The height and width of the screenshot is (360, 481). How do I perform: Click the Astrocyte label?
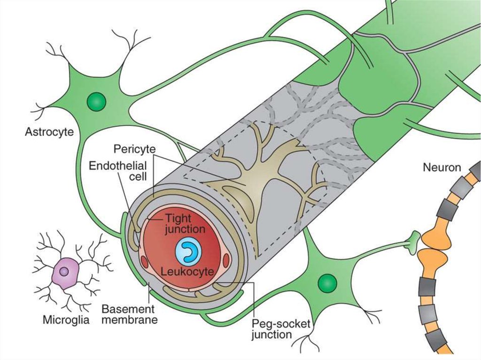49,132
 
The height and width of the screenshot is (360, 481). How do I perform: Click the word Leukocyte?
187,271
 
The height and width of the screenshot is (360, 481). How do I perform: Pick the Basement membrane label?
129,314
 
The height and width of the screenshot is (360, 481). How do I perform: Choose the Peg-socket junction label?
278,329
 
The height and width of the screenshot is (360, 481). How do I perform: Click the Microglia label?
64,321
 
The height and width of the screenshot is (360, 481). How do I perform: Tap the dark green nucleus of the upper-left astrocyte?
97,101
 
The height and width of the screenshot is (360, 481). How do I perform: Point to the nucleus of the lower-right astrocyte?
327,283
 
